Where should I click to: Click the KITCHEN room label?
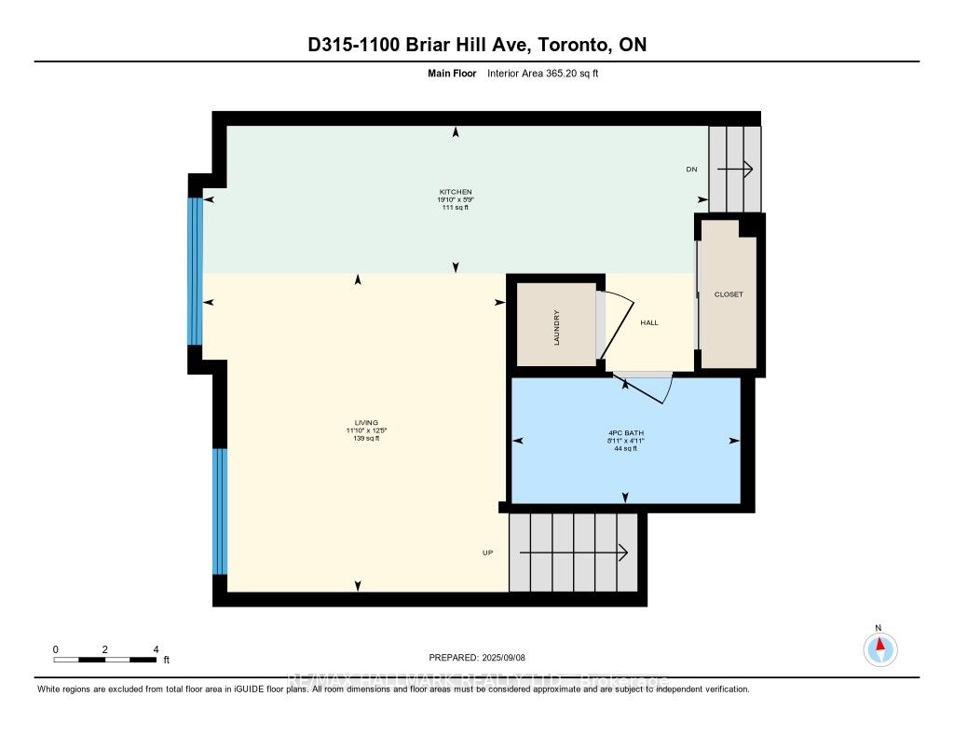456,191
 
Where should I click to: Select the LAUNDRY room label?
556,327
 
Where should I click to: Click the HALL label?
648,322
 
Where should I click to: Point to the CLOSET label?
729,294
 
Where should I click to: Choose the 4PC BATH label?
624,433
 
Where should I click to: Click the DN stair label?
691,170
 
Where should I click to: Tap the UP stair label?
486,553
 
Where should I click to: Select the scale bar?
104,660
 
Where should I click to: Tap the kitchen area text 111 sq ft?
456,207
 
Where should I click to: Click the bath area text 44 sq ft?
624,449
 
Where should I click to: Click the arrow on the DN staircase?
735,169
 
